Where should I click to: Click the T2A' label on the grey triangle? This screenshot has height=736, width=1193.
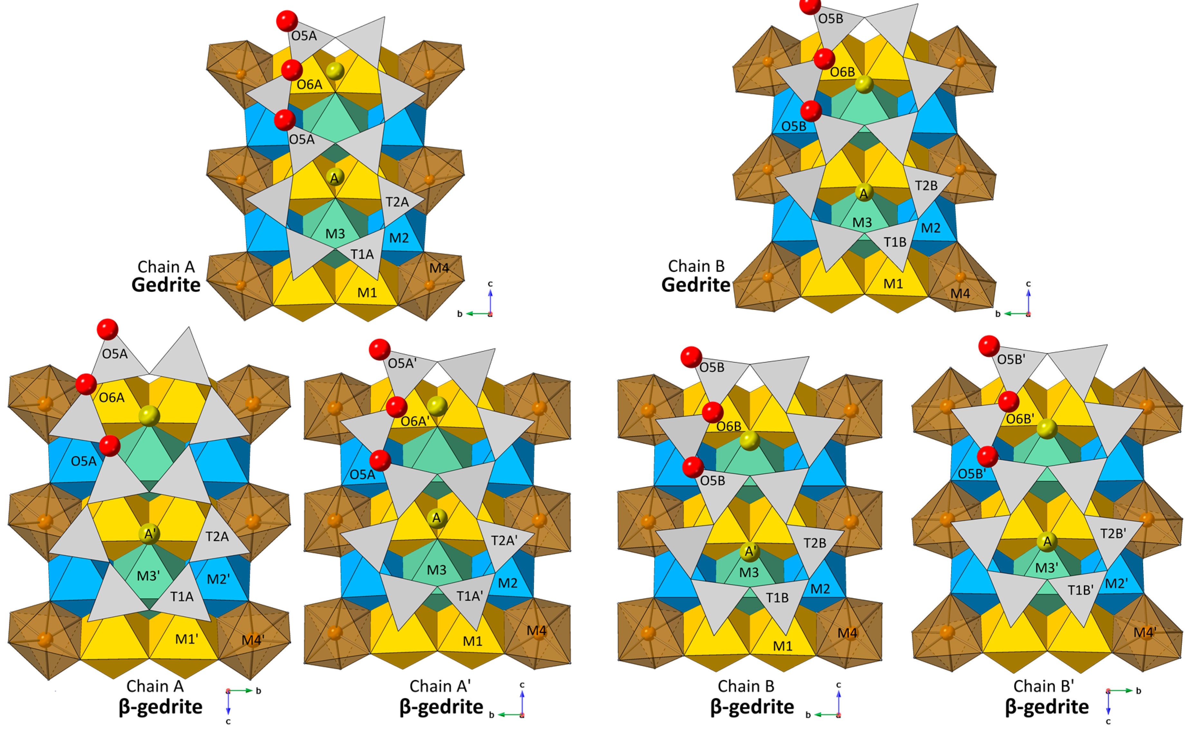504,540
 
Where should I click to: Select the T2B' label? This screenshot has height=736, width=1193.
1113,534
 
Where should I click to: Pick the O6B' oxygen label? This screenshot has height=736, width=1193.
1019,419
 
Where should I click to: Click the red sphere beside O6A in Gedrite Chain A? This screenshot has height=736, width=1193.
292,70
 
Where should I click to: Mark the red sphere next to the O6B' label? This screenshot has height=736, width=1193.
1009,402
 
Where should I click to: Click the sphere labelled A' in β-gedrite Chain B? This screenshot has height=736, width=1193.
749,552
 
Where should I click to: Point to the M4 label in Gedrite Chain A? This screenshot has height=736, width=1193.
439,268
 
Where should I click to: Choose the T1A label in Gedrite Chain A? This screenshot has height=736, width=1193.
362,254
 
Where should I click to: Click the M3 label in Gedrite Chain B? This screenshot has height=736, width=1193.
862,222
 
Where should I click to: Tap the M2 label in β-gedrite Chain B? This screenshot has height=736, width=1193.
820,589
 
